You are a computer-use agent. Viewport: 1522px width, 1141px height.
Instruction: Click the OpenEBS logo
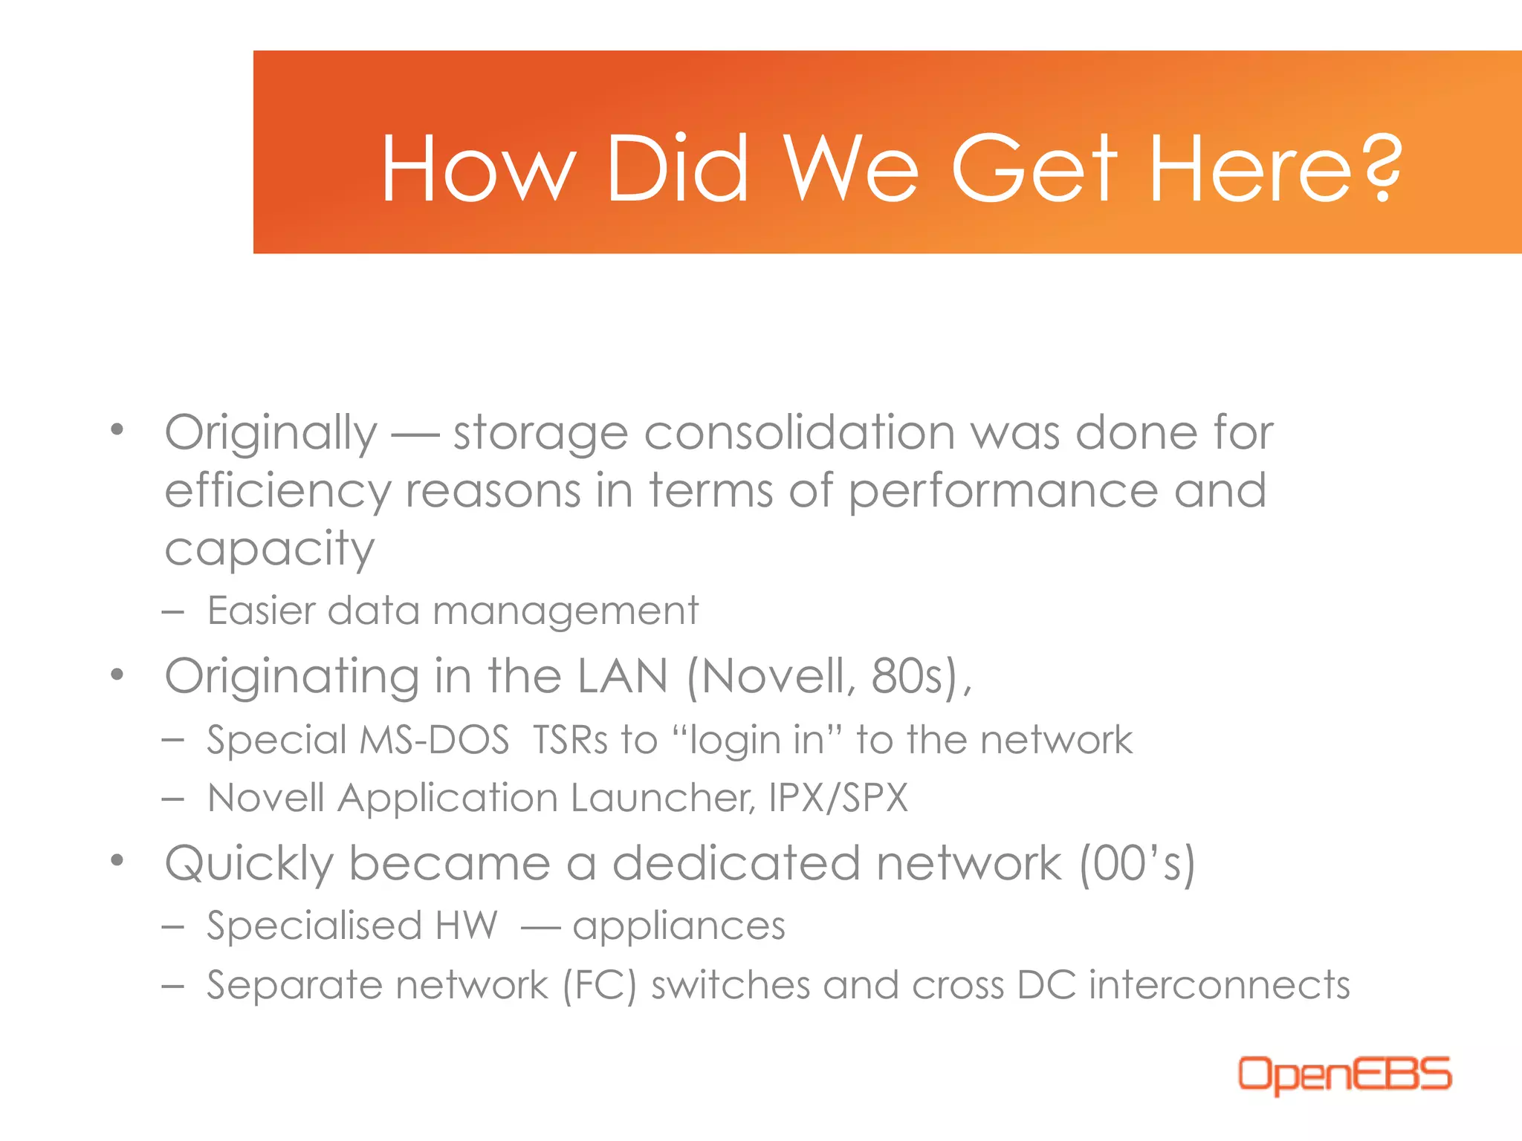pyautogui.click(x=1344, y=1074)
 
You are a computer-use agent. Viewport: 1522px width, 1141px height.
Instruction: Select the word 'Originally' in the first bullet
pyautogui.click(x=271, y=434)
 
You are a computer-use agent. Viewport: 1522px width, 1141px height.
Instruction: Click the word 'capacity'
pyautogui.click(x=270, y=550)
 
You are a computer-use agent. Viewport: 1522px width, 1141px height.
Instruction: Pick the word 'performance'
pyautogui.click(x=1003, y=492)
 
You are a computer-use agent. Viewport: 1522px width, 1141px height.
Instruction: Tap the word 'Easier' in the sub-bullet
pyautogui.click(x=262, y=611)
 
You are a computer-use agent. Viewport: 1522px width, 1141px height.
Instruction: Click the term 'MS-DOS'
pyautogui.click(x=434, y=740)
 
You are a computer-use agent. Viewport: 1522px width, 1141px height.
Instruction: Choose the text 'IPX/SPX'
pyautogui.click(x=838, y=798)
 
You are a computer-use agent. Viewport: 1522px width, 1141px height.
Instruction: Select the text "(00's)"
pyautogui.click(x=1137, y=864)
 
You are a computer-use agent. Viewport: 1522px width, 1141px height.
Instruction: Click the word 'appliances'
pyautogui.click(x=679, y=926)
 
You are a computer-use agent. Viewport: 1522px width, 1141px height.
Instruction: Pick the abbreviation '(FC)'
pyautogui.click(x=600, y=986)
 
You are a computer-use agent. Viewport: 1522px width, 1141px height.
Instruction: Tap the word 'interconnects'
pyautogui.click(x=1220, y=985)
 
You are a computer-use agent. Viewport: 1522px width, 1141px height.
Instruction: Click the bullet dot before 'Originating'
pyautogui.click(x=117, y=674)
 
